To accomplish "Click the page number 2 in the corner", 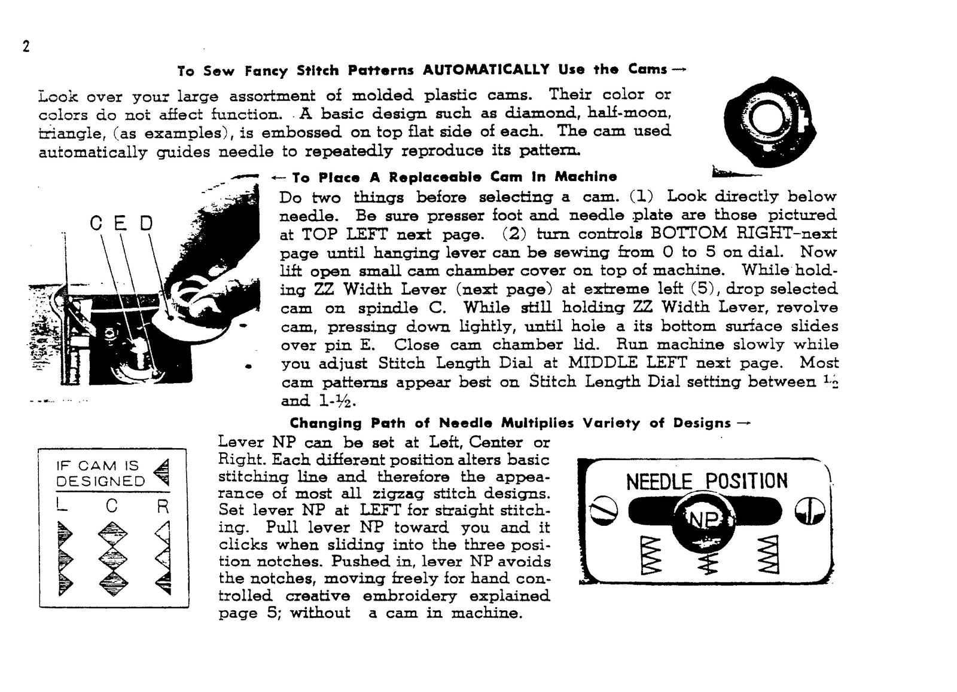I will click(x=26, y=47).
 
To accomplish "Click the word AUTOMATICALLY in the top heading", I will click(x=486, y=70).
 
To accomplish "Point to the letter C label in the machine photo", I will click(x=96, y=223).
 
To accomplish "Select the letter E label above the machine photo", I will click(x=120, y=223).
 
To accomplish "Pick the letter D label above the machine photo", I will click(x=147, y=223).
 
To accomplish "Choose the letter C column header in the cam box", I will click(x=112, y=506).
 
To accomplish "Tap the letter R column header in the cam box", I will click(x=163, y=507).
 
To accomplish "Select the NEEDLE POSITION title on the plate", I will click(x=706, y=482).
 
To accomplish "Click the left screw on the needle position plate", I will click(x=604, y=512).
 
